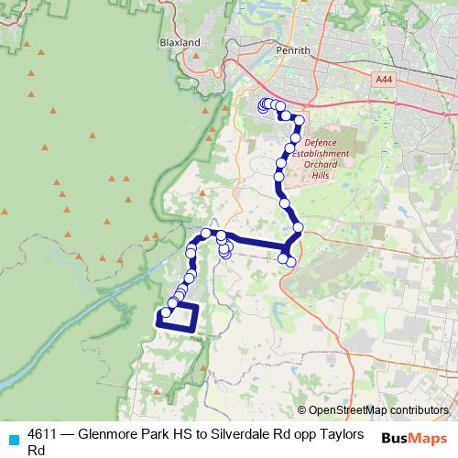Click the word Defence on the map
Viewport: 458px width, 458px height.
[x=321, y=143]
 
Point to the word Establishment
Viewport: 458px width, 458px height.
[x=326, y=154]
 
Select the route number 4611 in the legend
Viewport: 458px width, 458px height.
[x=44, y=433]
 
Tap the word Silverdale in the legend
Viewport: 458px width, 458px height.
[x=247, y=433]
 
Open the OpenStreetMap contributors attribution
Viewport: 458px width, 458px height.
[x=377, y=410]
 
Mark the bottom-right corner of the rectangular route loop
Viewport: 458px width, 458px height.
[x=196, y=325]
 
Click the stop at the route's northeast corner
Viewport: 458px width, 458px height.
[x=298, y=118]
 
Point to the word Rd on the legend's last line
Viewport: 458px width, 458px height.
[x=37, y=450]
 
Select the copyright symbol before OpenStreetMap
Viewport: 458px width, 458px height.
[x=302, y=410]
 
